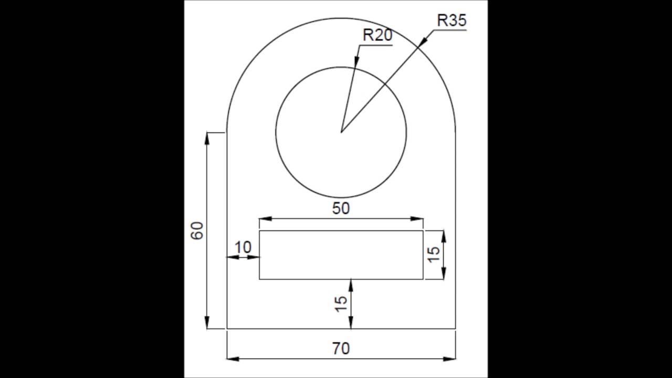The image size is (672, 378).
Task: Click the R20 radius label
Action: point(377,36)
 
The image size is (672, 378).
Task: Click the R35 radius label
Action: point(451,20)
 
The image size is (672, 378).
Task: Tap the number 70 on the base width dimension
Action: point(341,348)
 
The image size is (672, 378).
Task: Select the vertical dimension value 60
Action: point(197,230)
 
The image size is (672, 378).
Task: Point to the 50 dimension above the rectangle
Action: point(341,208)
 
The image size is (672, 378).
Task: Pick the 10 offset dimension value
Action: point(243,247)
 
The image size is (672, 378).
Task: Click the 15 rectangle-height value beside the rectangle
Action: point(434,255)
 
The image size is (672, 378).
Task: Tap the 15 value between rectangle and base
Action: point(341,303)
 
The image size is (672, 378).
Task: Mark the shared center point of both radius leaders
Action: point(341,132)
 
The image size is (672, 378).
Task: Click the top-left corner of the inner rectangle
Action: point(259,230)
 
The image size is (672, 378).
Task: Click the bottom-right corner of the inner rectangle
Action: point(423,279)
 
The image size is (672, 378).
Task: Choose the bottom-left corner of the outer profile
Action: point(226,329)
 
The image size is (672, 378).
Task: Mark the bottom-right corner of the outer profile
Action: point(455,329)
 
